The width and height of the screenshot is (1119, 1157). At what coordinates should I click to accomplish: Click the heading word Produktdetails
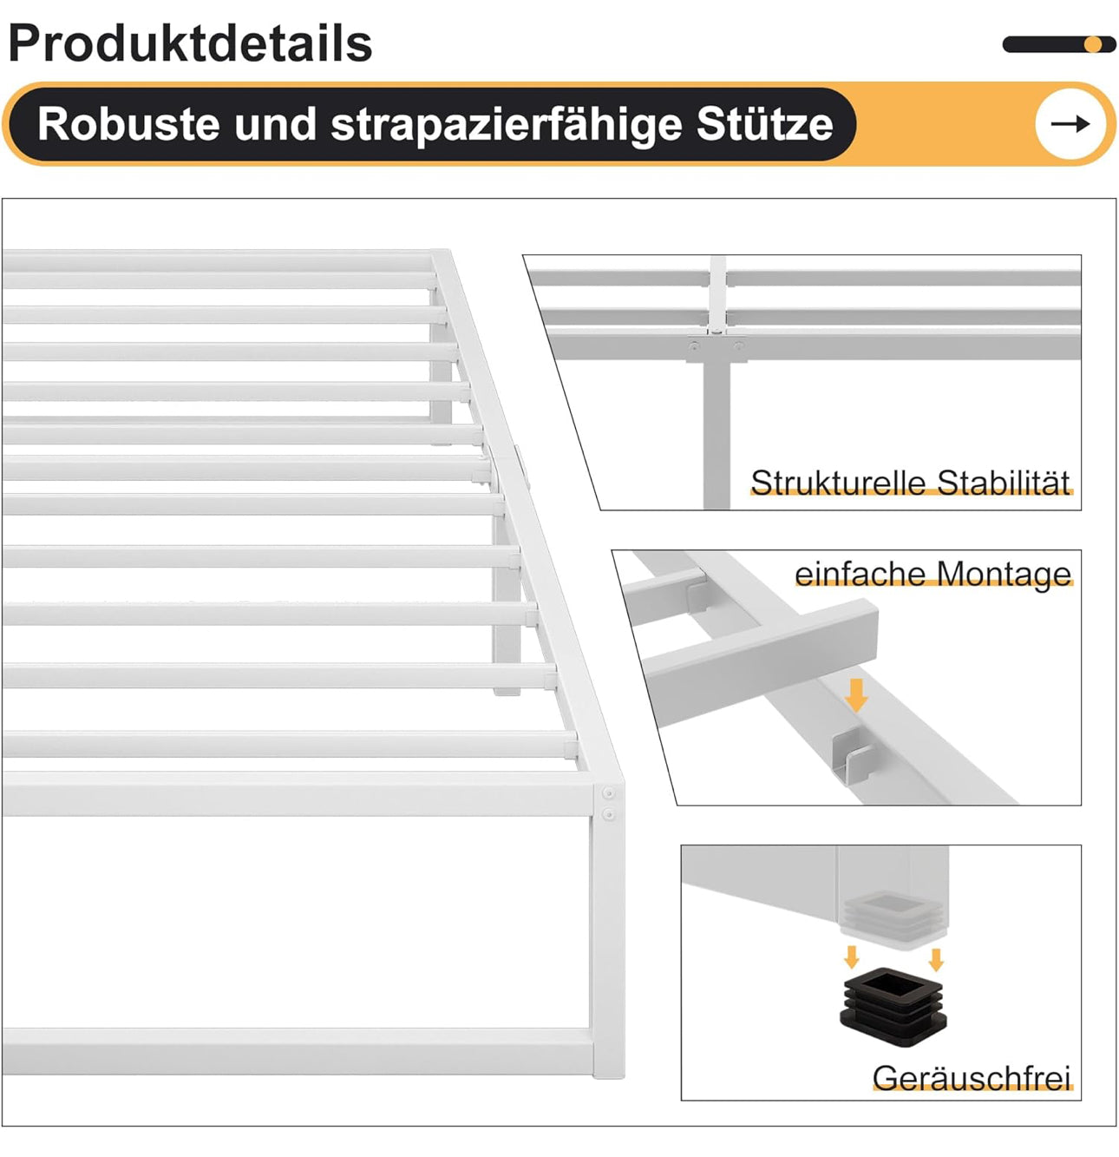(x=190, y=43)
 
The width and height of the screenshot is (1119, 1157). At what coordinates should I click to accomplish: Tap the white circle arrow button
(x=1070, y=123)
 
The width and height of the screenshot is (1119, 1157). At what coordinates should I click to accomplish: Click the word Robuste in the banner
(x=128, y=124)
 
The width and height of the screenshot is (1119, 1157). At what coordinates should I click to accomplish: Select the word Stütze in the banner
(x=764, y=124)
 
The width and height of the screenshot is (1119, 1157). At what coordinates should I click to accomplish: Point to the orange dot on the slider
(x=1092, y=44)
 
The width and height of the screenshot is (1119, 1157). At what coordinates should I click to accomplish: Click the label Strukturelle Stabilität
(x=910, y=482)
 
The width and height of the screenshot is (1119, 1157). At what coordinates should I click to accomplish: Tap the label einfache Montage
(x=932, y=575)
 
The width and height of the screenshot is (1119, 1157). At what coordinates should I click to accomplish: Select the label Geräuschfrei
(x=972, y=1078)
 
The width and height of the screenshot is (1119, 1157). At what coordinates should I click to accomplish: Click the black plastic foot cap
(x=893, y=1008)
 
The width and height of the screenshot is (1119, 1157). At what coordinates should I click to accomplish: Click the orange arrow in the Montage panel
(x=856, y=695)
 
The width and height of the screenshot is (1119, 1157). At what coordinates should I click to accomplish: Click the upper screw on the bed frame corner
(x=609, y=793)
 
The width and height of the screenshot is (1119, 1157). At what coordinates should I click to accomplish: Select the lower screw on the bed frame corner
(x=609, y=813)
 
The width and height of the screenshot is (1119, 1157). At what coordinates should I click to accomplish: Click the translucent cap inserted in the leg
(x=893, y=918)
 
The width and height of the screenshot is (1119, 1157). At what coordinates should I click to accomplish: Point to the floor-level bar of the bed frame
(x=298, y=1051)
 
